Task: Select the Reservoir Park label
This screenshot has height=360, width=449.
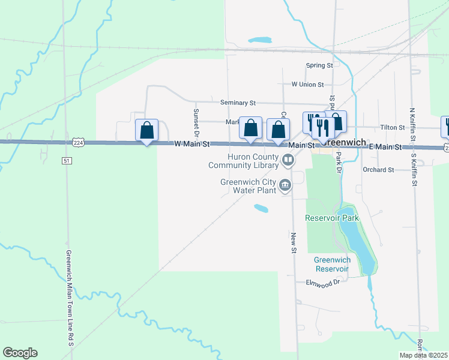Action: [331, 218]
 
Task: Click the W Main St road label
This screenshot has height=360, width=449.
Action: [192, 145]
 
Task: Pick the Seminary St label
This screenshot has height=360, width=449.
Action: [238, 103]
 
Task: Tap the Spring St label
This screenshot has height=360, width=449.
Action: [319, 65]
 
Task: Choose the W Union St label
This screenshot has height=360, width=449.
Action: [307, 85]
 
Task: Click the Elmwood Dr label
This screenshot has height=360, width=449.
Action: [323, 282]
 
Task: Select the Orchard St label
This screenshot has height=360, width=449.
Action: [378, 170]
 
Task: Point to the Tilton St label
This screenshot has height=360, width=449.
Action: [393, 128]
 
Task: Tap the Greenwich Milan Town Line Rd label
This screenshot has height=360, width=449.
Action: [70, 298]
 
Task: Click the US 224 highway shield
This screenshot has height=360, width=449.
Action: [78, 142]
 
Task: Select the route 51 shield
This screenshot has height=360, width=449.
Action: [67, 161]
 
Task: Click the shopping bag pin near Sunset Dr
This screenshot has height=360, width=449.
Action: [146, 130]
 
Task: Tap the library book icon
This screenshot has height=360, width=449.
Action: [288, 160]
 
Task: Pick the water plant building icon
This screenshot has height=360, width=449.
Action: [285, 185]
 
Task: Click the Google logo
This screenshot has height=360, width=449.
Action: [20, 353]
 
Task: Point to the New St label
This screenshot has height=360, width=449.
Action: [294, 242]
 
